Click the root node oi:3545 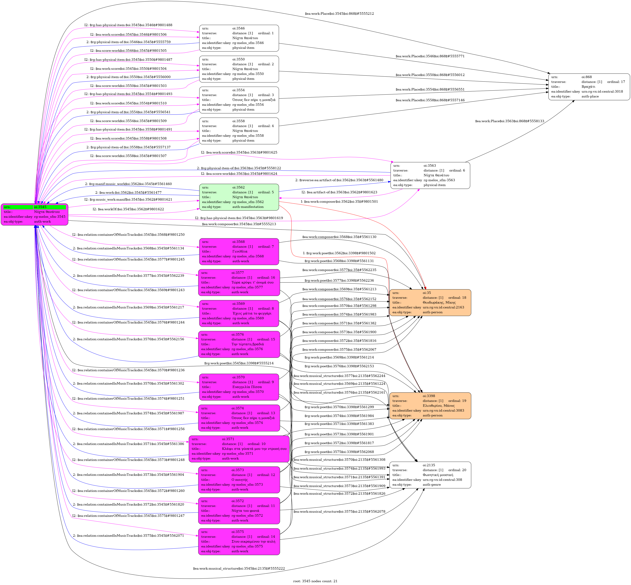click(34, 214)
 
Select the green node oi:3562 click(239, 197)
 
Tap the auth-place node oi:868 click(589, 87)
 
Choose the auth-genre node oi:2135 click(430, 475)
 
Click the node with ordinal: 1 click(239, 38)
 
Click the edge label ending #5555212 click(339, 14)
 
